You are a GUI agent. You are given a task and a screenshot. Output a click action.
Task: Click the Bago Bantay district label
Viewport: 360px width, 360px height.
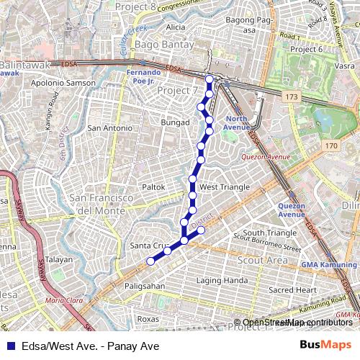tap(165, 45)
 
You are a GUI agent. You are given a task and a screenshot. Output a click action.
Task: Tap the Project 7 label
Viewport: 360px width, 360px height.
tap(177, 91)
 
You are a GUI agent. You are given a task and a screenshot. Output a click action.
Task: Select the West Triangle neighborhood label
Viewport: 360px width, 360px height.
tap(224, 187)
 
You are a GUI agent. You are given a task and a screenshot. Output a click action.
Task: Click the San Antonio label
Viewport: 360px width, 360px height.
tap(109, 128)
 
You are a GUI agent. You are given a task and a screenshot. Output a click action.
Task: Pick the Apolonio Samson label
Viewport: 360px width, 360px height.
tap(63, 84)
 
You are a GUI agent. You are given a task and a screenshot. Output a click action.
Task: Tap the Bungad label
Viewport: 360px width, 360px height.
tap(175, 123)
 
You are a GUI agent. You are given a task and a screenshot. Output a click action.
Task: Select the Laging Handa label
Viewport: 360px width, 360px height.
tap(222, 280)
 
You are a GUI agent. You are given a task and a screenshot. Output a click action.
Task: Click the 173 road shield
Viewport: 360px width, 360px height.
tap(291, 96)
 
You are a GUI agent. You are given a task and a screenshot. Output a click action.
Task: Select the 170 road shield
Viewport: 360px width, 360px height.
tap(330, 146)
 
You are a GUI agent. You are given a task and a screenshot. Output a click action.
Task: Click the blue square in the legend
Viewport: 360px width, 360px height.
tap(11, 346)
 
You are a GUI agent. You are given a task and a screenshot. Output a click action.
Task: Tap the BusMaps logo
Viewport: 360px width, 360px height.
tap(326, 346)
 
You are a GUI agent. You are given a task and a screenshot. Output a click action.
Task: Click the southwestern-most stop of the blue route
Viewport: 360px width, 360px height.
tap(150, 261)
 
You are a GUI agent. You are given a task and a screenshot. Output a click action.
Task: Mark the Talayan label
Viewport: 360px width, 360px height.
tap(59, 260)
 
